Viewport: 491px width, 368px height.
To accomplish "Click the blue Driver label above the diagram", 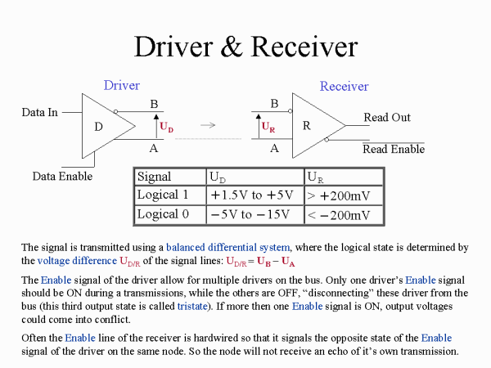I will pyautogui.click(x=122, y=85).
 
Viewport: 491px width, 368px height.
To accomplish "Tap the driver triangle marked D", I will pyautogui.click(x=102, y=126).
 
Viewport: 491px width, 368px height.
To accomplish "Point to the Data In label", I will pyautogui.click(x=40, y=112).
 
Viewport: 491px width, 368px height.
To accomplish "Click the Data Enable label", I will pyautogui.click(x=62, y=176).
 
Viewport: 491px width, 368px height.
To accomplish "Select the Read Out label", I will pyautogui.click(x=387, y=118).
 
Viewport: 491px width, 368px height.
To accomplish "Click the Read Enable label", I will pyautogui.click(x=394, y=149).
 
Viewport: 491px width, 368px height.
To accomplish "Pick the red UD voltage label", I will pyautogui.click(x=166, y=128).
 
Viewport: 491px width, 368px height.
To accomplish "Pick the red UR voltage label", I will pyautogui.click(x=268, y=128).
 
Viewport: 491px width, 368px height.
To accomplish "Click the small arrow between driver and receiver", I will pyautogui.click(x=209, y=125).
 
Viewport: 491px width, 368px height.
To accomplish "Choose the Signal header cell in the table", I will pyautogui.click(x=155, y=177).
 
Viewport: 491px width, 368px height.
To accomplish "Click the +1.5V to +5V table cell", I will pyautogui.click(x=251, y=195).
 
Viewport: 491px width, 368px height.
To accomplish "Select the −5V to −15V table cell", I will pyautogui.click(x=251, y=214).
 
